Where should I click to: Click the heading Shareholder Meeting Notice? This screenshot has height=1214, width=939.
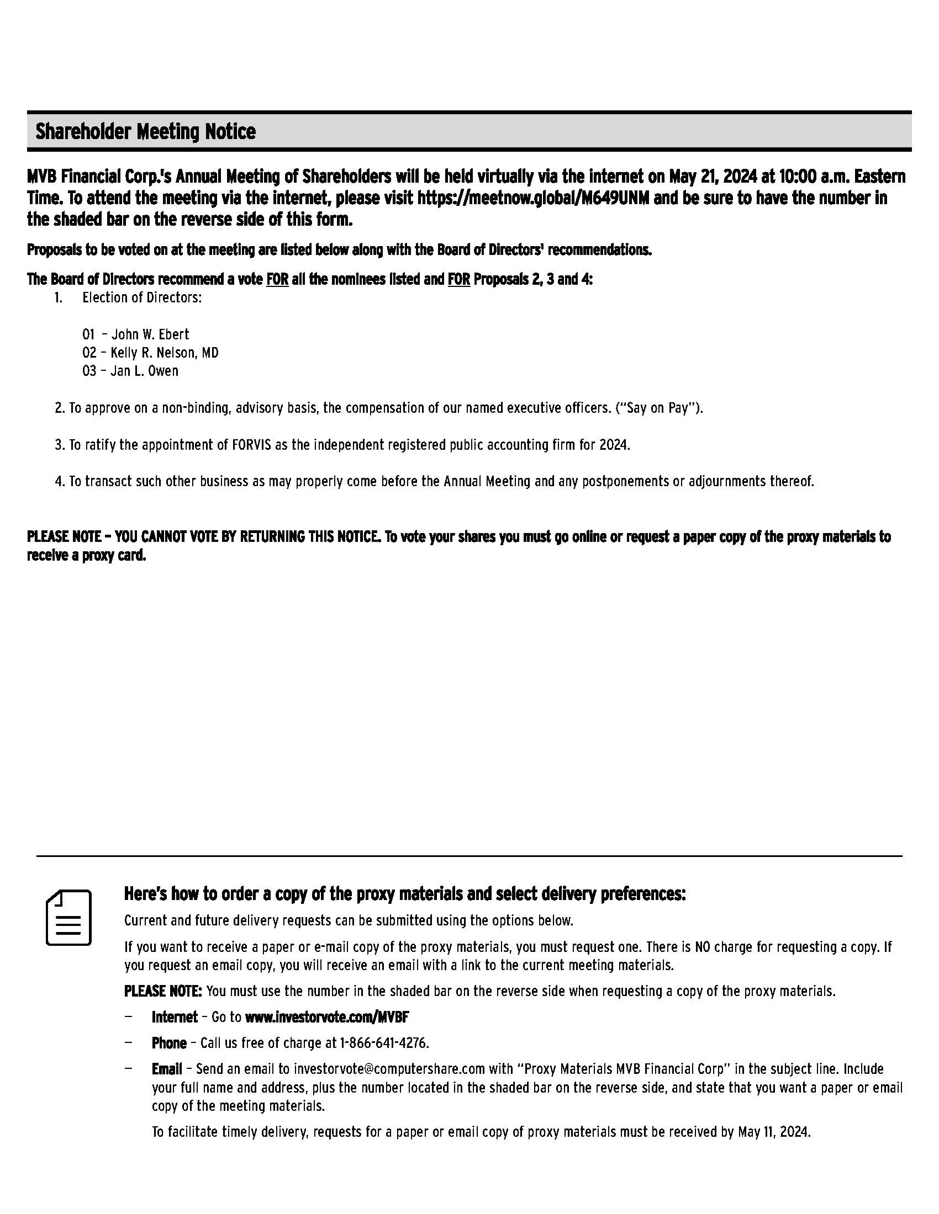(145, 132)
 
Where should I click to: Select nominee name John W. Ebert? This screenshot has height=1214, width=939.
(150, 334)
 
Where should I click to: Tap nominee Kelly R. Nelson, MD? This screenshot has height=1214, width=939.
(164, 353)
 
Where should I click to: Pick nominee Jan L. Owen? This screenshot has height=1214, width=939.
(144, 371)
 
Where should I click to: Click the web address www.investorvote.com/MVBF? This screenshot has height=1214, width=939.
(327, 1016)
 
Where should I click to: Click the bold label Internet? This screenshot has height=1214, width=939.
(174, 1016)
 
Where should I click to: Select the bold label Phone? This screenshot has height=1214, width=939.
(168, 1043)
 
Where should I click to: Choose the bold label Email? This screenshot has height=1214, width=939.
(166, 1069)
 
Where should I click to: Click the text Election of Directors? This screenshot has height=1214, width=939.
(142, 297)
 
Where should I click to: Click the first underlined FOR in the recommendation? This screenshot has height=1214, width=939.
(277, 279)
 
